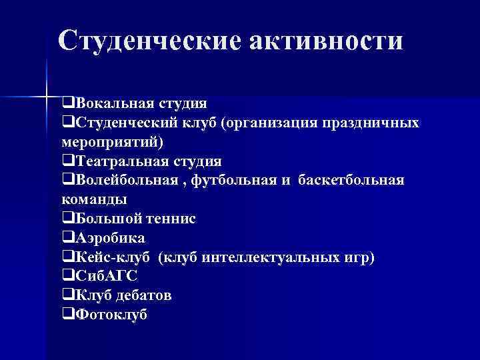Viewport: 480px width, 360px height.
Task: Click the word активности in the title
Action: coord(327,41)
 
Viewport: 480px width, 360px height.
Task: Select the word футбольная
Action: coord(234,181)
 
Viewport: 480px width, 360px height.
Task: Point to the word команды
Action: coord(94,199)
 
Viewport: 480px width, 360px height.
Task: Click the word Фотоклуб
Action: coord(111,315)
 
